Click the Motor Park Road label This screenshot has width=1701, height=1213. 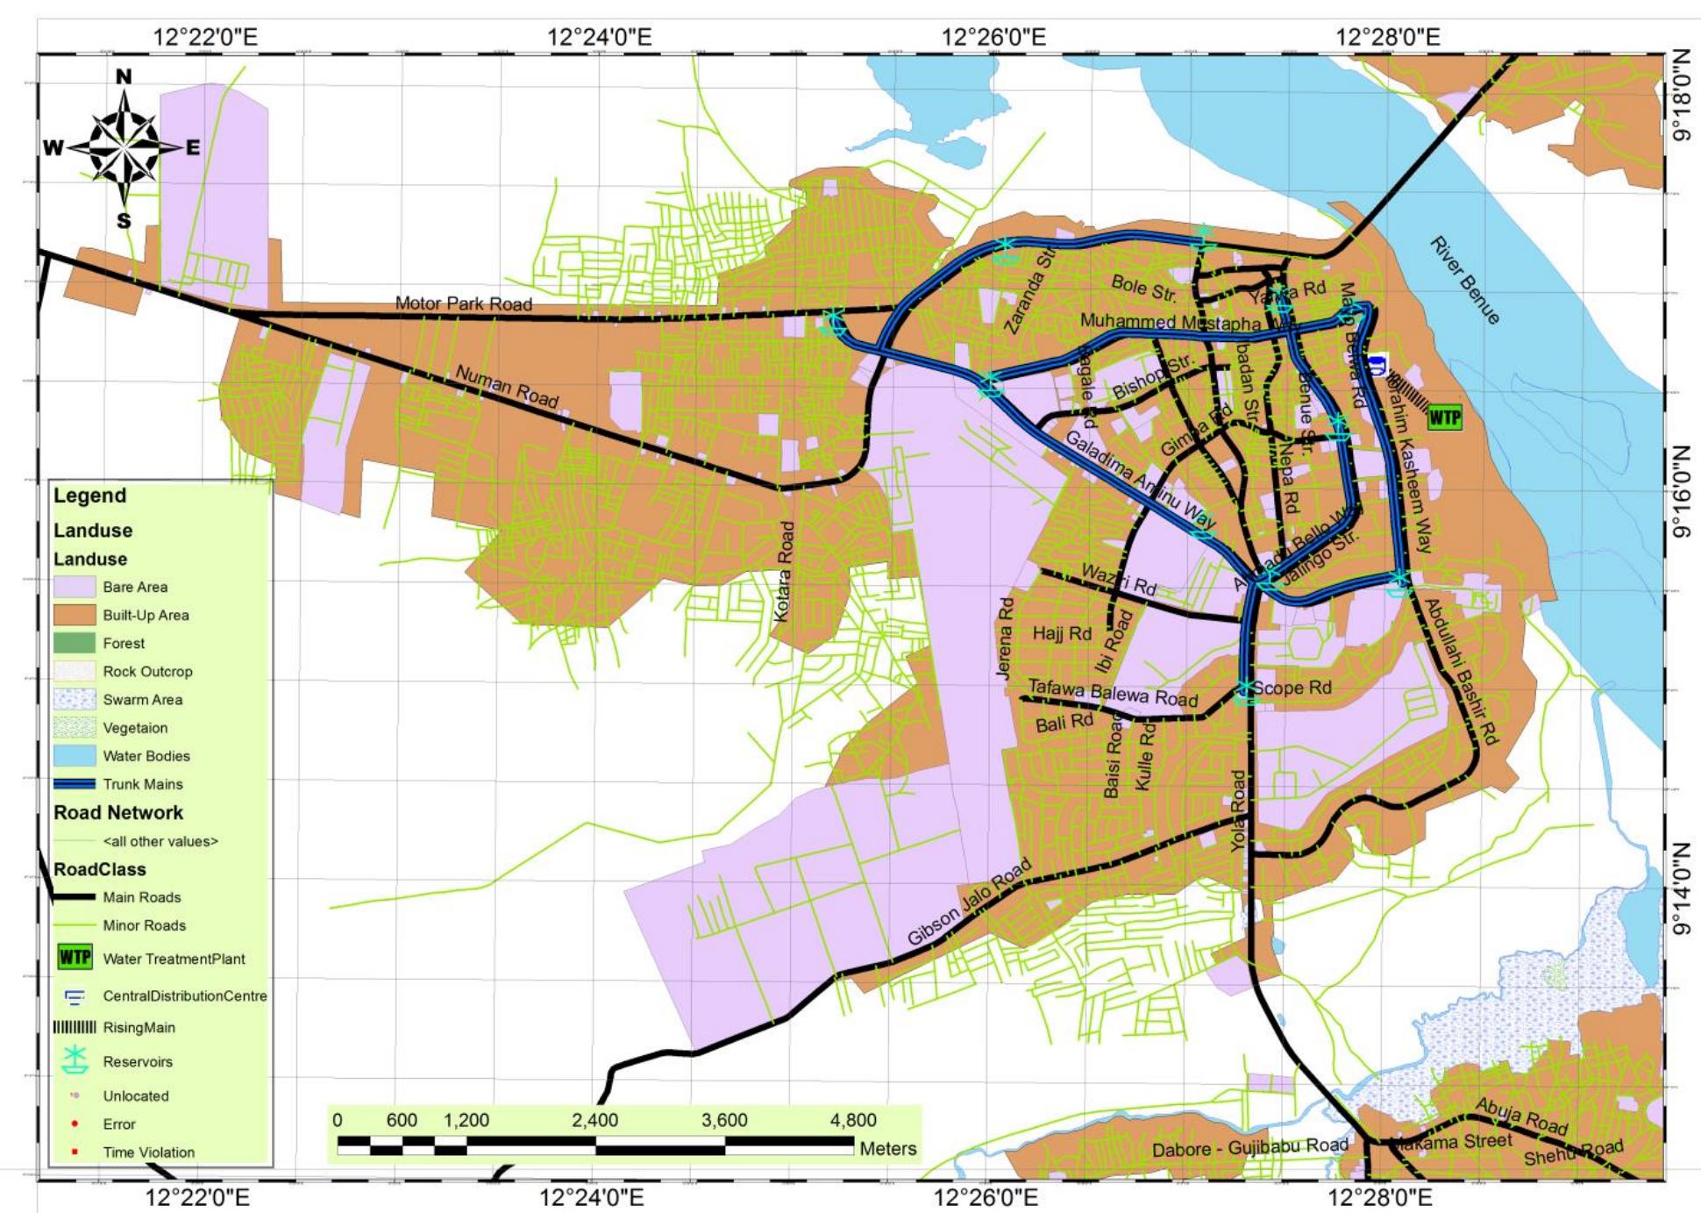coord(463,303)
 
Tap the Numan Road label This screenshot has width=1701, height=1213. coord(506,386)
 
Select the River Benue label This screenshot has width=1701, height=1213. coord(1464,280)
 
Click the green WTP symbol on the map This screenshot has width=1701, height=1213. coord(1445,417)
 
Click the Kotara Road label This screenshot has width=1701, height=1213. coord(785,572)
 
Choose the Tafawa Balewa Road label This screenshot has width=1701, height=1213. coord(1112,693)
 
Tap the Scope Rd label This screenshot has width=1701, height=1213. coord(1291,688)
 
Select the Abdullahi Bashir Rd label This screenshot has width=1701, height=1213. coord(1460,671)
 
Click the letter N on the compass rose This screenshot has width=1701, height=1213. coord(124,77)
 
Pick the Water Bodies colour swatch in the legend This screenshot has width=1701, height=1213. coord(75,756)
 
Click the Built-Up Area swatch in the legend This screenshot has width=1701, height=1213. coord(75,615)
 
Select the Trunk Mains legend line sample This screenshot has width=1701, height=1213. coord(75,784)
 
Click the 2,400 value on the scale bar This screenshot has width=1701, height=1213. coord(594,1120)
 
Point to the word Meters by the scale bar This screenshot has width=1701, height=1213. coord(887,1148)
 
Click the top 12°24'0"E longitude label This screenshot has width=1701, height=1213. coord(599,37)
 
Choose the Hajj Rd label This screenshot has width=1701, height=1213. coord(1061,633)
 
